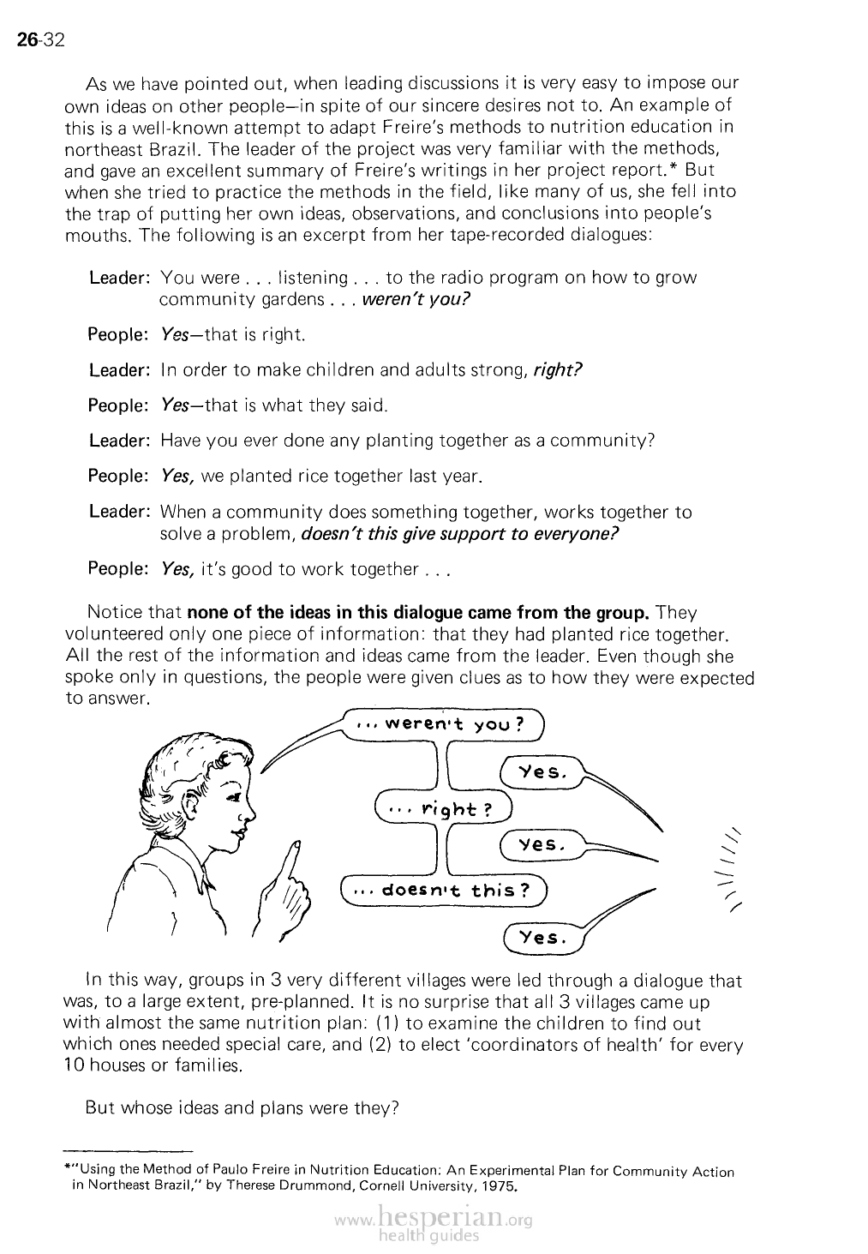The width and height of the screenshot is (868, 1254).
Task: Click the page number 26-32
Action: (41, 39)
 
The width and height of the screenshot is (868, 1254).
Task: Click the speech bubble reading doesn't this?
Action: (444, 889)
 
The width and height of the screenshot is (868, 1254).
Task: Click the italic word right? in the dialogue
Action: (558, 370)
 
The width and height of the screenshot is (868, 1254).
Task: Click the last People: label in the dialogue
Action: (119, 569)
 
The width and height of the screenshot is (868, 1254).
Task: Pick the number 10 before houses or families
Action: (75, 1066)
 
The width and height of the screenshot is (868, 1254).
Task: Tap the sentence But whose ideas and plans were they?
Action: (242, 1107)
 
